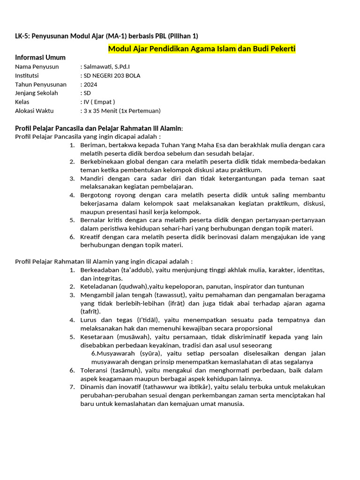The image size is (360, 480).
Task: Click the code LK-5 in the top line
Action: coord(22,36)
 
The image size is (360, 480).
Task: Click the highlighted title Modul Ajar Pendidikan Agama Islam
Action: coord(172,49)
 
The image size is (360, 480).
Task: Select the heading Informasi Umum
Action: coord(40,58)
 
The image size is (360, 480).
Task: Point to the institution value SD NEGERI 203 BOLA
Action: coord(112,75)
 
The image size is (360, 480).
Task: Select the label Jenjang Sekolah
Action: coord(37,93)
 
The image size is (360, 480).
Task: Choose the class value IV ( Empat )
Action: coord(99,102)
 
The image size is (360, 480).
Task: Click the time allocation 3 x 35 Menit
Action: coord(100,111)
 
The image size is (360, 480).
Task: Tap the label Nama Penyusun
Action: coord(37,67)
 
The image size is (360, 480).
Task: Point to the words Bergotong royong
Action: coord(105,195)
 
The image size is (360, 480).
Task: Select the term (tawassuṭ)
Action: coord(170,295)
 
